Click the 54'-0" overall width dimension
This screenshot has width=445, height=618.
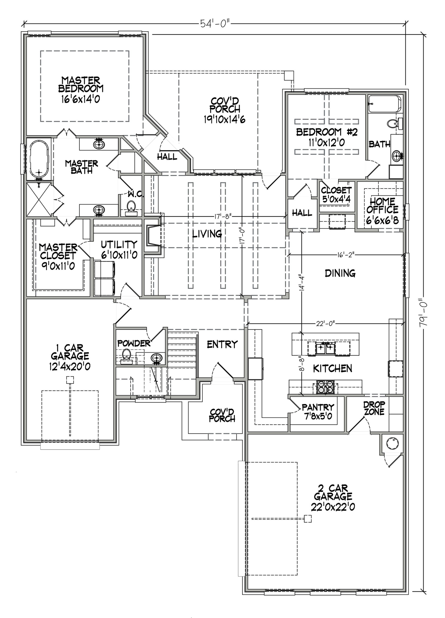[215, 24]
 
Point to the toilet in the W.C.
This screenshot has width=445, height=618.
[131, 209]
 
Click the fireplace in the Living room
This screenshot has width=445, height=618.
[152, 236]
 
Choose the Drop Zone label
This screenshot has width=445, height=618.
[374, 408]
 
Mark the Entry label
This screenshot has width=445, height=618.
[222, 344]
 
